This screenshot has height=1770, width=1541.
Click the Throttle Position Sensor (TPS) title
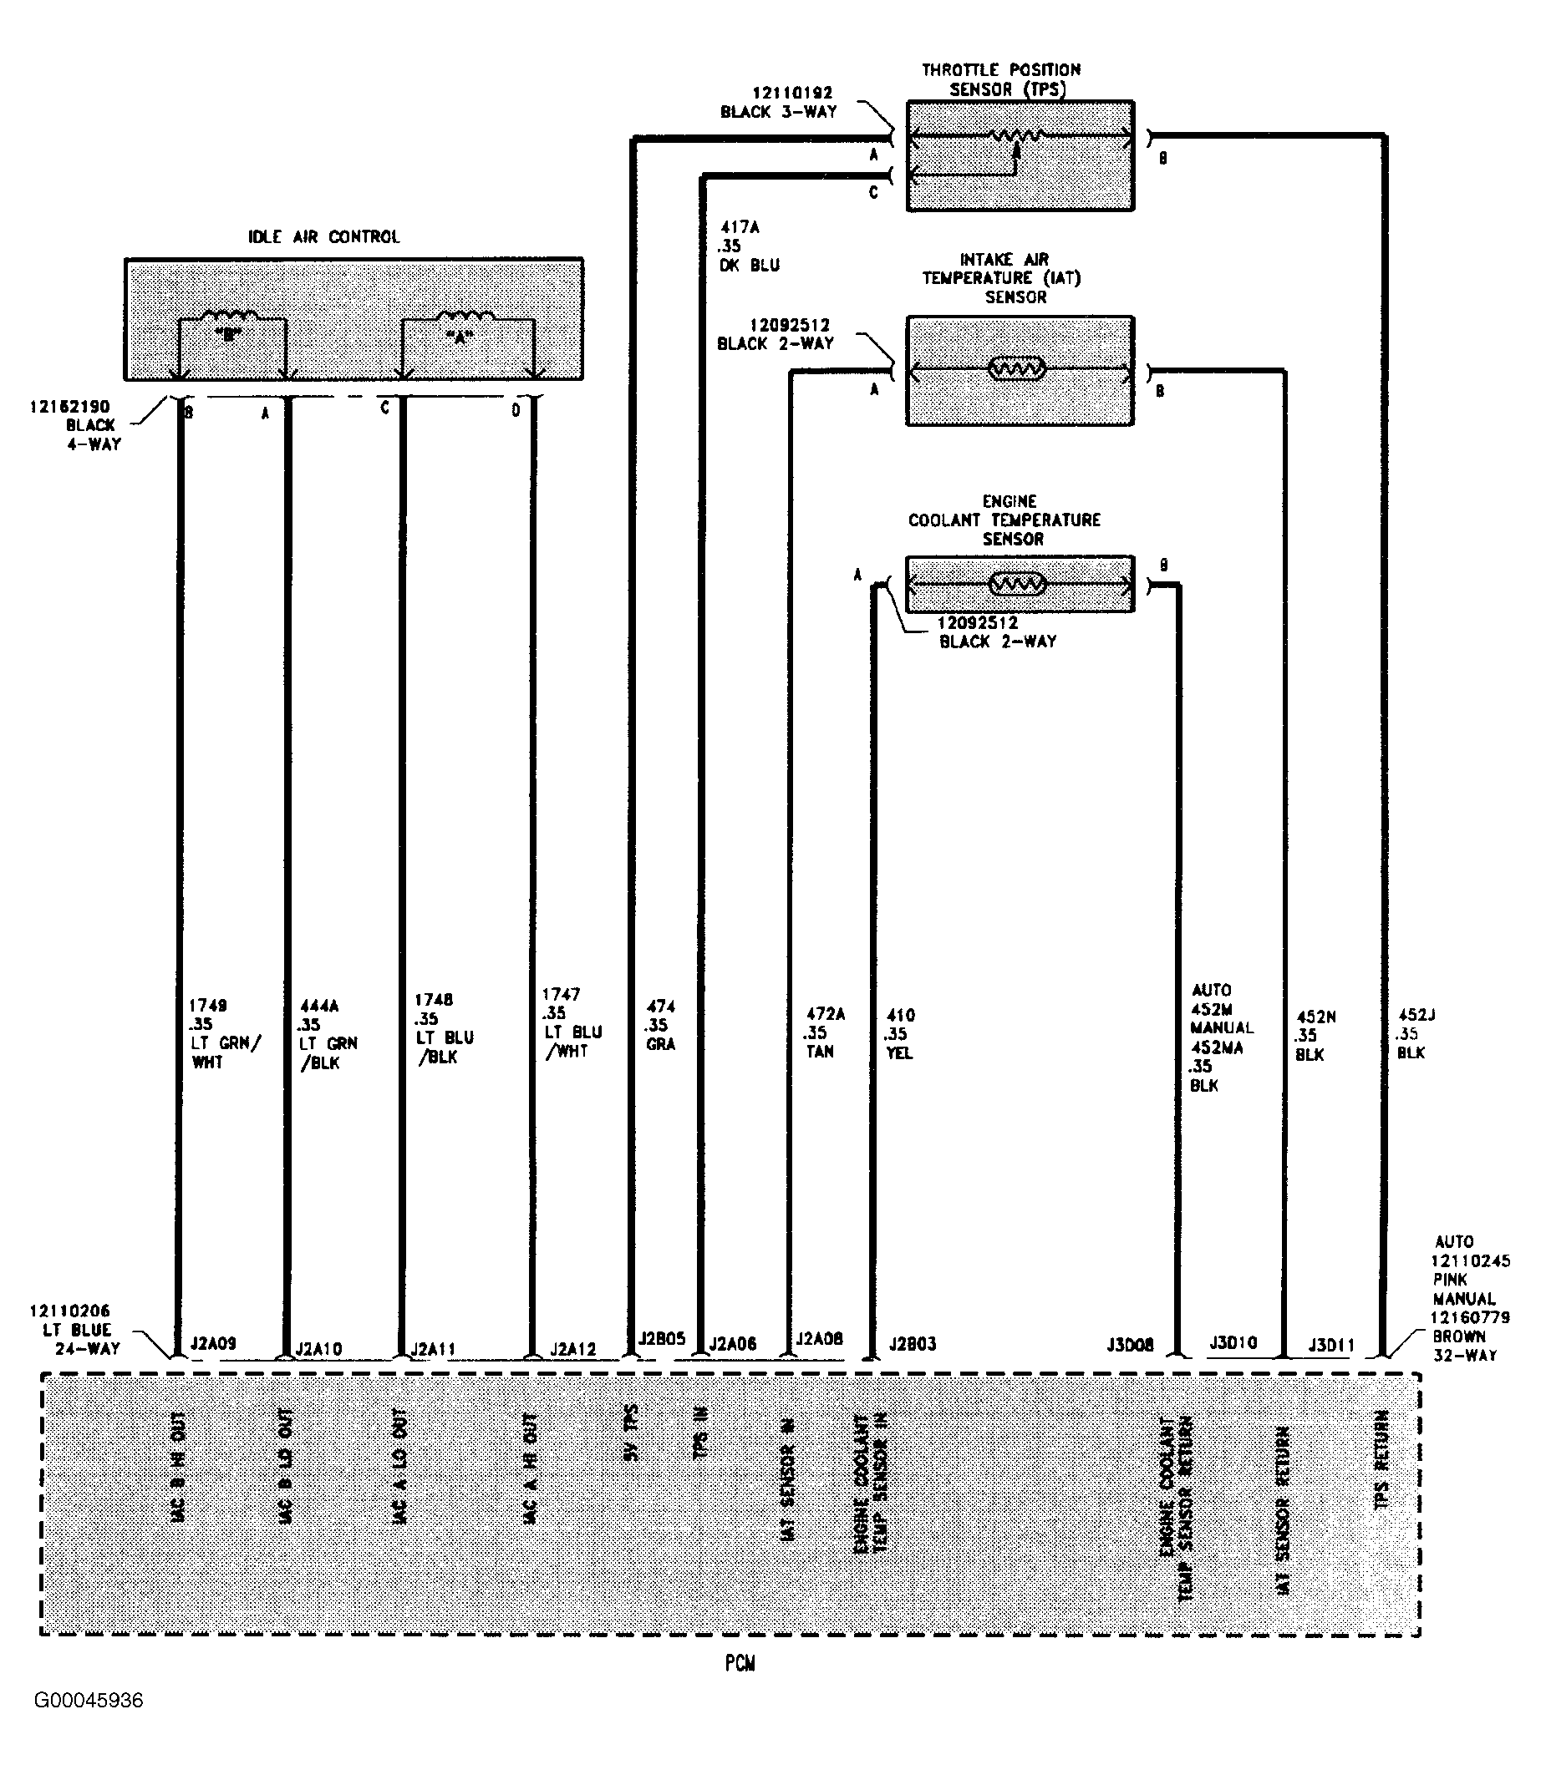pyautogui.click(x=1001, y=80)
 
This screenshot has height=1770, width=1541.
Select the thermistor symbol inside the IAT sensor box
pyautogui.click(x=1017, y=370)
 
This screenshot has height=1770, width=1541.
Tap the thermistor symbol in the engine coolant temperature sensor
pyautogui.click(x=1017, y=585)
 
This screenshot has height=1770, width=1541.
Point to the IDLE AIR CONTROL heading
pyautogui.click(x=323, y=237)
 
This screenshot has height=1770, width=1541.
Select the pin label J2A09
pyautogui.click(x=213, y=1343)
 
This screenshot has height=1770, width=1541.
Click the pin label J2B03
pyautogui.click(x=913, y=1344)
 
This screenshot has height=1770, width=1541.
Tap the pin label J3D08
pyautogui.click(x=1130, y=1345)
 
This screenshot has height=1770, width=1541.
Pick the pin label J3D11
pyautogui.click(x=1331, y=1345)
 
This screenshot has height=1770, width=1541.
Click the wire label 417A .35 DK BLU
pyautogui.click(x=749, y=246)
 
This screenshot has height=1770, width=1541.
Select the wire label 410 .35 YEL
pyautogui.click(x=899, y=1033)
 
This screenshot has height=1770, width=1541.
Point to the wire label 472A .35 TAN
pyautogui.click(x=824, y=1032)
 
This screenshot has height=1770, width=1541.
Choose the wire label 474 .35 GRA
pyautogui.click(x=659, y=1025)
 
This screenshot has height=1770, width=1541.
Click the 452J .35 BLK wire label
pyautogui.click(x=1415, y=1033)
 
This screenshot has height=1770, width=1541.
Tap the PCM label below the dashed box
pyautogui.click(x=740, y=1663)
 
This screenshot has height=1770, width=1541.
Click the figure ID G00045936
pyautogui.click(x=89, y=1701)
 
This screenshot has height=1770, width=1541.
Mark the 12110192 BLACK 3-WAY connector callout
pyautogui.click(x=779, y=102)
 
